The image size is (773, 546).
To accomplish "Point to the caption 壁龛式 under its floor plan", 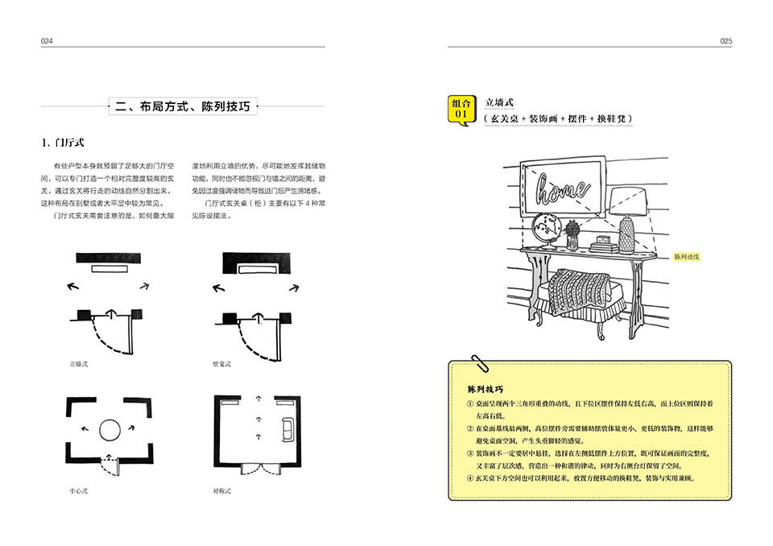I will (x=221, y=364).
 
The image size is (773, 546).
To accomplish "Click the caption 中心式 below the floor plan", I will (x=78, y=490).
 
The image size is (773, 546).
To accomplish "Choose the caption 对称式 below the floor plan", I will (x=221, y=490).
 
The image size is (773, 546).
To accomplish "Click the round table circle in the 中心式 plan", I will (x=110, y=430).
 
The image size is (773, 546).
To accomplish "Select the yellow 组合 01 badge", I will (x=461, y=109).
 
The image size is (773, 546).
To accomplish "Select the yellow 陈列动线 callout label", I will (x=687, y=258).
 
